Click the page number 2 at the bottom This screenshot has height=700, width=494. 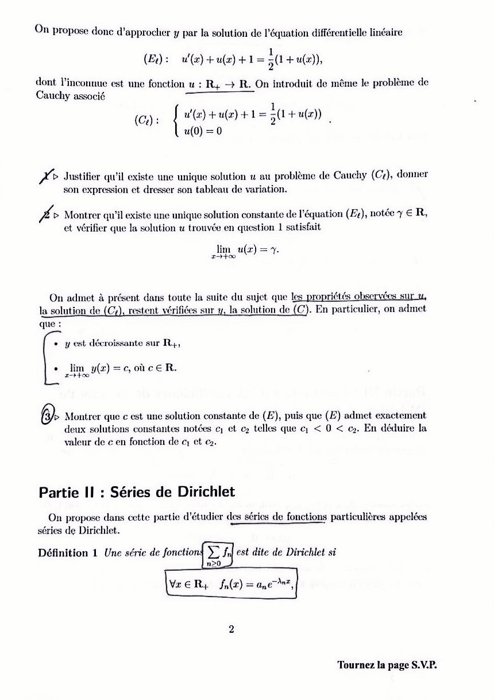(x=231, y=629)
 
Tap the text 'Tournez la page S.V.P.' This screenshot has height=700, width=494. (x=388, y=666)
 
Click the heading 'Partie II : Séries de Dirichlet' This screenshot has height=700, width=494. (x=137, y=493)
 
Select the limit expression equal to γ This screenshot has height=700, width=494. (x=246, y=251)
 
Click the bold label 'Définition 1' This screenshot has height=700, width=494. (x=68, y=553)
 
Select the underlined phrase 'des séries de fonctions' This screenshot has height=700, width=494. (x=276, y=516)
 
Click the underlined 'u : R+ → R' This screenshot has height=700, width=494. (x=220, y=84)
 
